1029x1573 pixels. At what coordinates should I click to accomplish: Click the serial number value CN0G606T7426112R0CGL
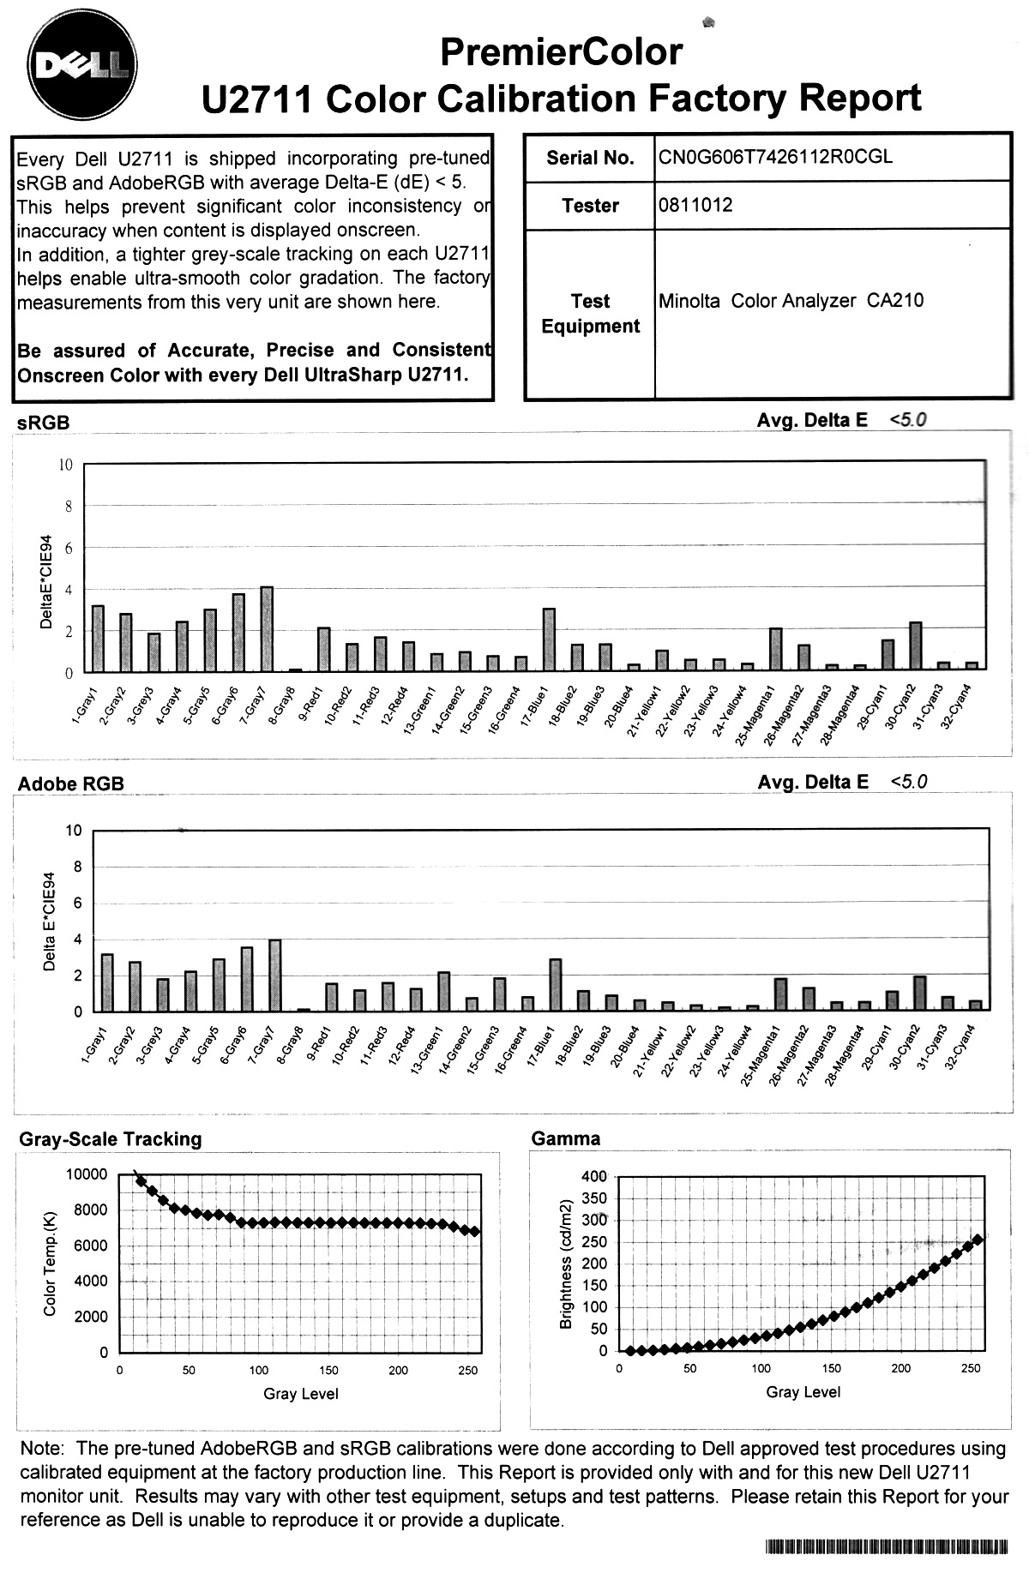pos(775,158)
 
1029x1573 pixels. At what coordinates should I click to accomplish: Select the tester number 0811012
pos(695,206)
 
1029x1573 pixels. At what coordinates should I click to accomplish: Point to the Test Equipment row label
pos(590,314)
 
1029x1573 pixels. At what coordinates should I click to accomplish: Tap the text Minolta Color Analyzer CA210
pos(791,301)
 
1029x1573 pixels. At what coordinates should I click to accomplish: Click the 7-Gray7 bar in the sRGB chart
pos(266,629)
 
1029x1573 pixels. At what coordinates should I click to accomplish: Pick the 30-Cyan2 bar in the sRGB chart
pos(915,646)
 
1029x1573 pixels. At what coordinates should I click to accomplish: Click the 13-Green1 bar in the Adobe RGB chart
pos(443,992)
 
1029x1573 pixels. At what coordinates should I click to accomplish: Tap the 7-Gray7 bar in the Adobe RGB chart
pos(274,976)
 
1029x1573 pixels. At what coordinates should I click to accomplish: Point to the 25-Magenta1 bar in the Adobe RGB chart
pos(780,995)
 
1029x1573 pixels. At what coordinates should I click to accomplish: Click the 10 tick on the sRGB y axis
pos(66,465)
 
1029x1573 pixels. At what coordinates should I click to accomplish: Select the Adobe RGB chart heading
pos(71,783)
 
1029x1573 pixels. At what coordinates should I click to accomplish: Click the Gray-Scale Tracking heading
pos(111,1139)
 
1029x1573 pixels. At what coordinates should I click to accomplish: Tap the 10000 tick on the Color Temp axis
pos(87,1174)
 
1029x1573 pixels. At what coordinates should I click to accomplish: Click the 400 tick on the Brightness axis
pos(593,1175)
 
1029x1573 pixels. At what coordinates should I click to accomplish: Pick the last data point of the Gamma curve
pos(978,1240)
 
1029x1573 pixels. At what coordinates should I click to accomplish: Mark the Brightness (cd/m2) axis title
pos(565,1264)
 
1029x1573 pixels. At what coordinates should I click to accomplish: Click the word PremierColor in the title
pos(561,53)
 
